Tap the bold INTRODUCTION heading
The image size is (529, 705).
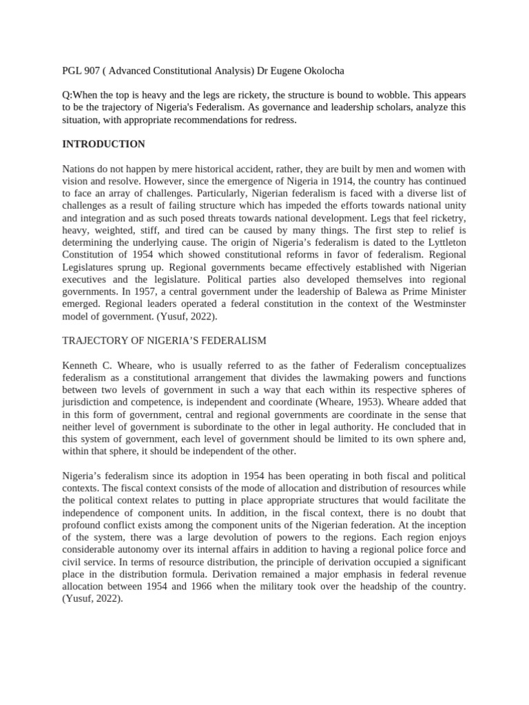click(103, 144)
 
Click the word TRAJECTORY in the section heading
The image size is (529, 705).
click(100, 341)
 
